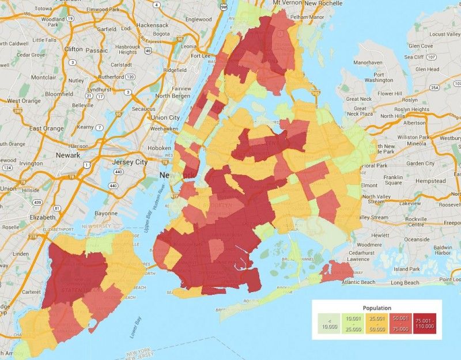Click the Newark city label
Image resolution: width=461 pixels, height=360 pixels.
point(67,156)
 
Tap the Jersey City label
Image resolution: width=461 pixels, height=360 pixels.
point(129,162)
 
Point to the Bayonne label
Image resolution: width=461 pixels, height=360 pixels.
point(107,213)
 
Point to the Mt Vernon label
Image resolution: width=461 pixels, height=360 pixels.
point(286,3)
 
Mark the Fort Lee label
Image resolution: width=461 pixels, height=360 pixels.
point(201,56)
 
